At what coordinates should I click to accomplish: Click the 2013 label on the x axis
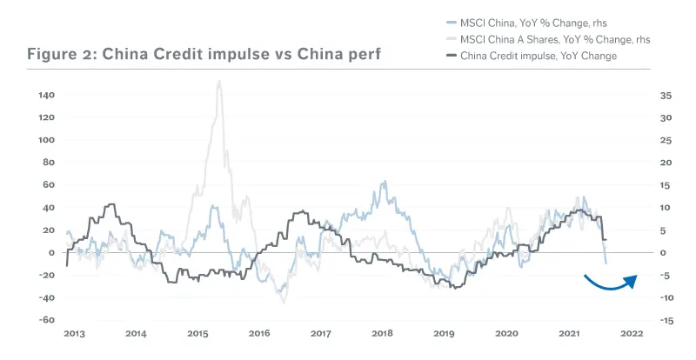coord(75,334)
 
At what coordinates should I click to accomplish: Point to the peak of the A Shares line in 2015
coord(218,82)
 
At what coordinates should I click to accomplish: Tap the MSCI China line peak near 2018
coord(384,183)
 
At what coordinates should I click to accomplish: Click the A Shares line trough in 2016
coord(283,301)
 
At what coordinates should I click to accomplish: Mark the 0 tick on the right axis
coord(663,253)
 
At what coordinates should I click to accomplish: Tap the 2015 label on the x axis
coord(197,334)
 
